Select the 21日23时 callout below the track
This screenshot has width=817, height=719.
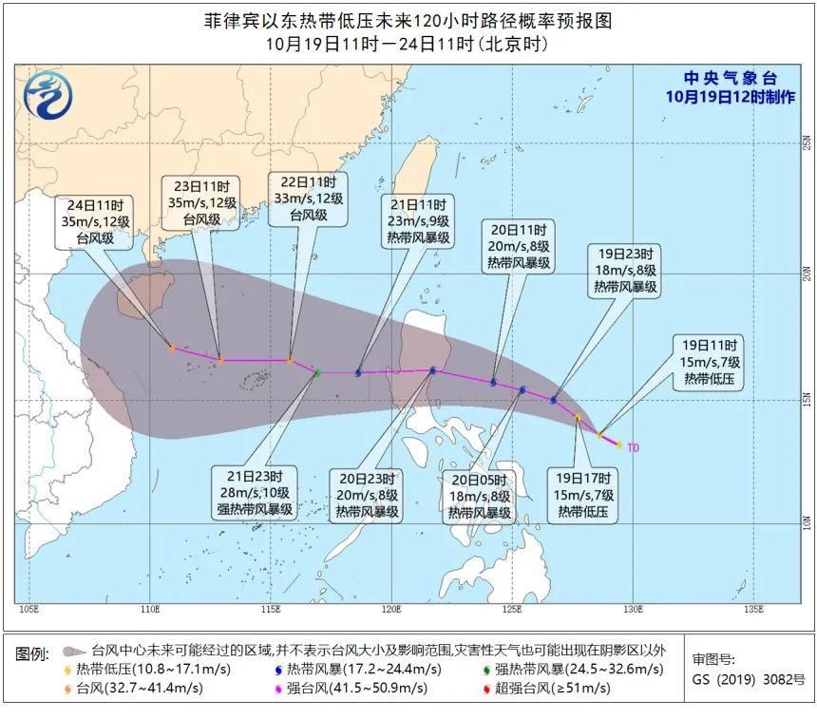(255, 492)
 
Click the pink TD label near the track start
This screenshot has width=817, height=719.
(633, 446)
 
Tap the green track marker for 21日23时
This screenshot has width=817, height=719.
(317, 373)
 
